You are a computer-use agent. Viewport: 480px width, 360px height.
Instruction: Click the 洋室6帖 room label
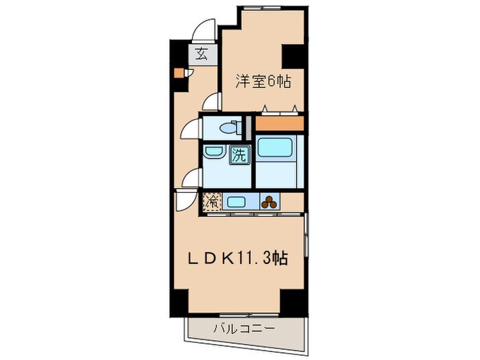(x=264, y=82)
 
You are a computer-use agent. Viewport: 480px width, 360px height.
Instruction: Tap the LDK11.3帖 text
(x=238, y=259)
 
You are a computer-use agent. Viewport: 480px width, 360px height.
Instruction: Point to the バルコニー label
(x=243, y=328)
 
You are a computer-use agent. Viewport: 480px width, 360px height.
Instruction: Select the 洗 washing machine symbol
(x=239, y=155)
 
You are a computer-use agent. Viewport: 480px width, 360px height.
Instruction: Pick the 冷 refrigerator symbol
(x=212, y=202)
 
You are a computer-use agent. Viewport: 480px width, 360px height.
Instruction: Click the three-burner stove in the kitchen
(x=270, y=202)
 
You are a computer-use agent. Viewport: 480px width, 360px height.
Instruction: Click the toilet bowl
(x=227, y=127)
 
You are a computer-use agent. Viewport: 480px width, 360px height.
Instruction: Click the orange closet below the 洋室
(x=279, y=124)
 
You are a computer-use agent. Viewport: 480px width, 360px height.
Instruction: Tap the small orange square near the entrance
(x=178, y=73)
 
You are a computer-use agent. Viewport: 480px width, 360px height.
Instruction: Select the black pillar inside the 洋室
(x=293, y=54)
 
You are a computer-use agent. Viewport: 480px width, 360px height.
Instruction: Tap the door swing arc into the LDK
(x=184, y=202)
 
